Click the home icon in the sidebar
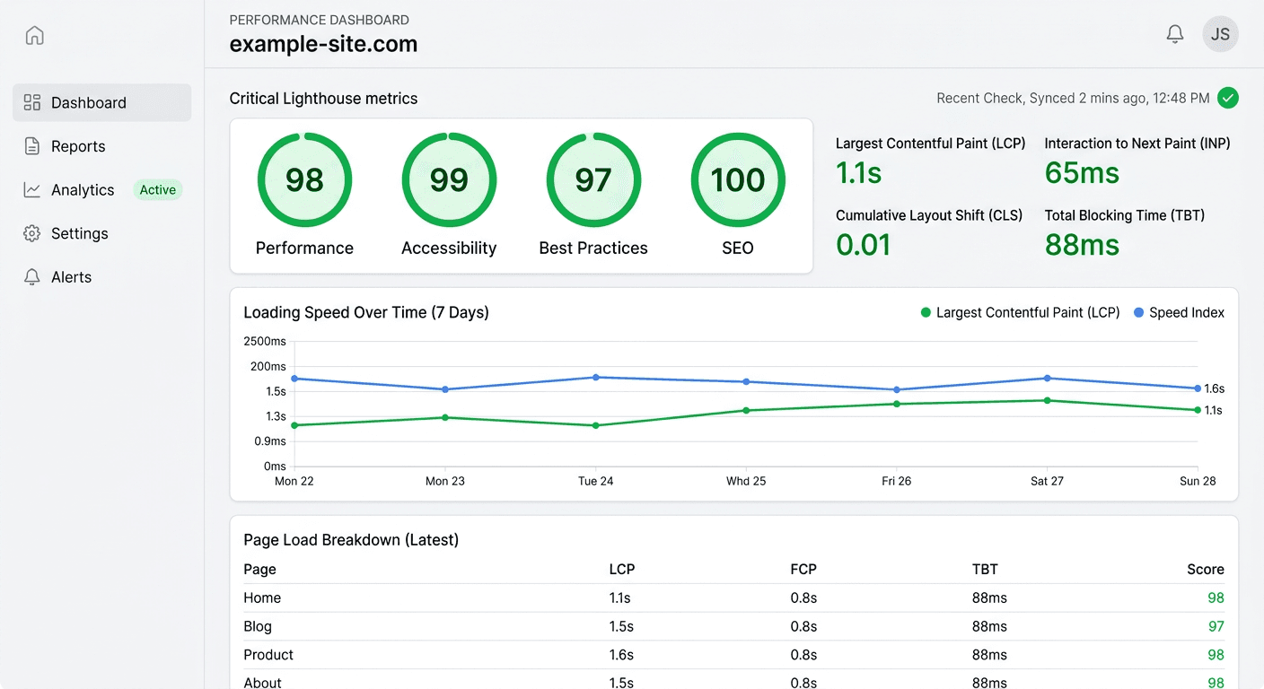(x=34, y=36)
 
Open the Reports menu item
(x=78, y=146)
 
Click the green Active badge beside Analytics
(x=157, y=190)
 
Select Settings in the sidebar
(x=79, y=233)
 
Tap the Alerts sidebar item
(x=71, y=277)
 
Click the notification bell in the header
(x=1174, y=34)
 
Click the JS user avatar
(x=1220, y=34)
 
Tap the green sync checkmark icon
(x=1227, y=98)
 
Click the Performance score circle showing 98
(x=304, y=180)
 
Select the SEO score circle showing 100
(x=737, y=180)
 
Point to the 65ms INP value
(x=1082, y=172)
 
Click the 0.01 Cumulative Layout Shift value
(x=863, y=244)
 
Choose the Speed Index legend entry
(x=1179, y=312)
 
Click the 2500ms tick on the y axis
(x=265, y=341)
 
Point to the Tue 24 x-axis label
(x=595, y=481)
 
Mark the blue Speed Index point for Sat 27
(x=1047, y=379)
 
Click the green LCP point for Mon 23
(x=445, y=417)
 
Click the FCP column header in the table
(x=803, y=569)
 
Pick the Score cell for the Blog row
(x=1216, y=626)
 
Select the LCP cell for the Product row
(x=621, y=655)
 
